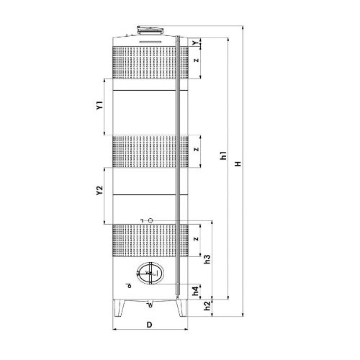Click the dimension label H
[238, 164]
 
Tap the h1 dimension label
[223, 156]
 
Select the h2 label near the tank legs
[207, 306]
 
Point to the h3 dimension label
[207, 259]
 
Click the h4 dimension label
[196, 291]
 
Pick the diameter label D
[149, 325]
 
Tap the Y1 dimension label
[99, 105]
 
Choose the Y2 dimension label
[99, 190]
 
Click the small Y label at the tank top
[196, 42]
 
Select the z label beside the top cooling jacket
[197, 60]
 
